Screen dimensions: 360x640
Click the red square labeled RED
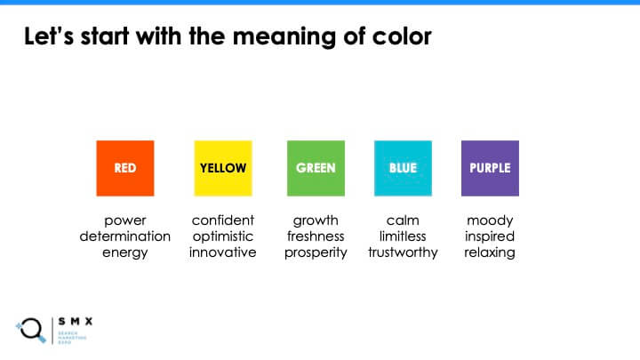[125, 168]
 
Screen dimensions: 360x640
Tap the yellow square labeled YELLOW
[222, 168]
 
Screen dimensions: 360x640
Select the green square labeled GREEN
[316, 168]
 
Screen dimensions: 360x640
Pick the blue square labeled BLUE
[403, 168]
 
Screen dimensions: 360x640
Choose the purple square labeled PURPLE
[490, 168]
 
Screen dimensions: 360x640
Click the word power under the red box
[125, 220]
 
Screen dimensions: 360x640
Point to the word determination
[125, 236]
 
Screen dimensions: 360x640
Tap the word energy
[125, 252]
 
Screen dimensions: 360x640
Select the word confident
[222, 220]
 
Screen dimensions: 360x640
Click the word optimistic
[222, 236]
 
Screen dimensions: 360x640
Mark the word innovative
[222, 252]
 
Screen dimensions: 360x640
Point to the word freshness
[316, 236]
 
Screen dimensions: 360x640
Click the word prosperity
[316, 252]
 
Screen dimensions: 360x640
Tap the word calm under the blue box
[403, 220]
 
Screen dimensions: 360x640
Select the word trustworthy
[403, 252]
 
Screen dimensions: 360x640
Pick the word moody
[490, 220]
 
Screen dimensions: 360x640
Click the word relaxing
[490, 252]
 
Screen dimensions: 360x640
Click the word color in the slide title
[400, 37]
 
